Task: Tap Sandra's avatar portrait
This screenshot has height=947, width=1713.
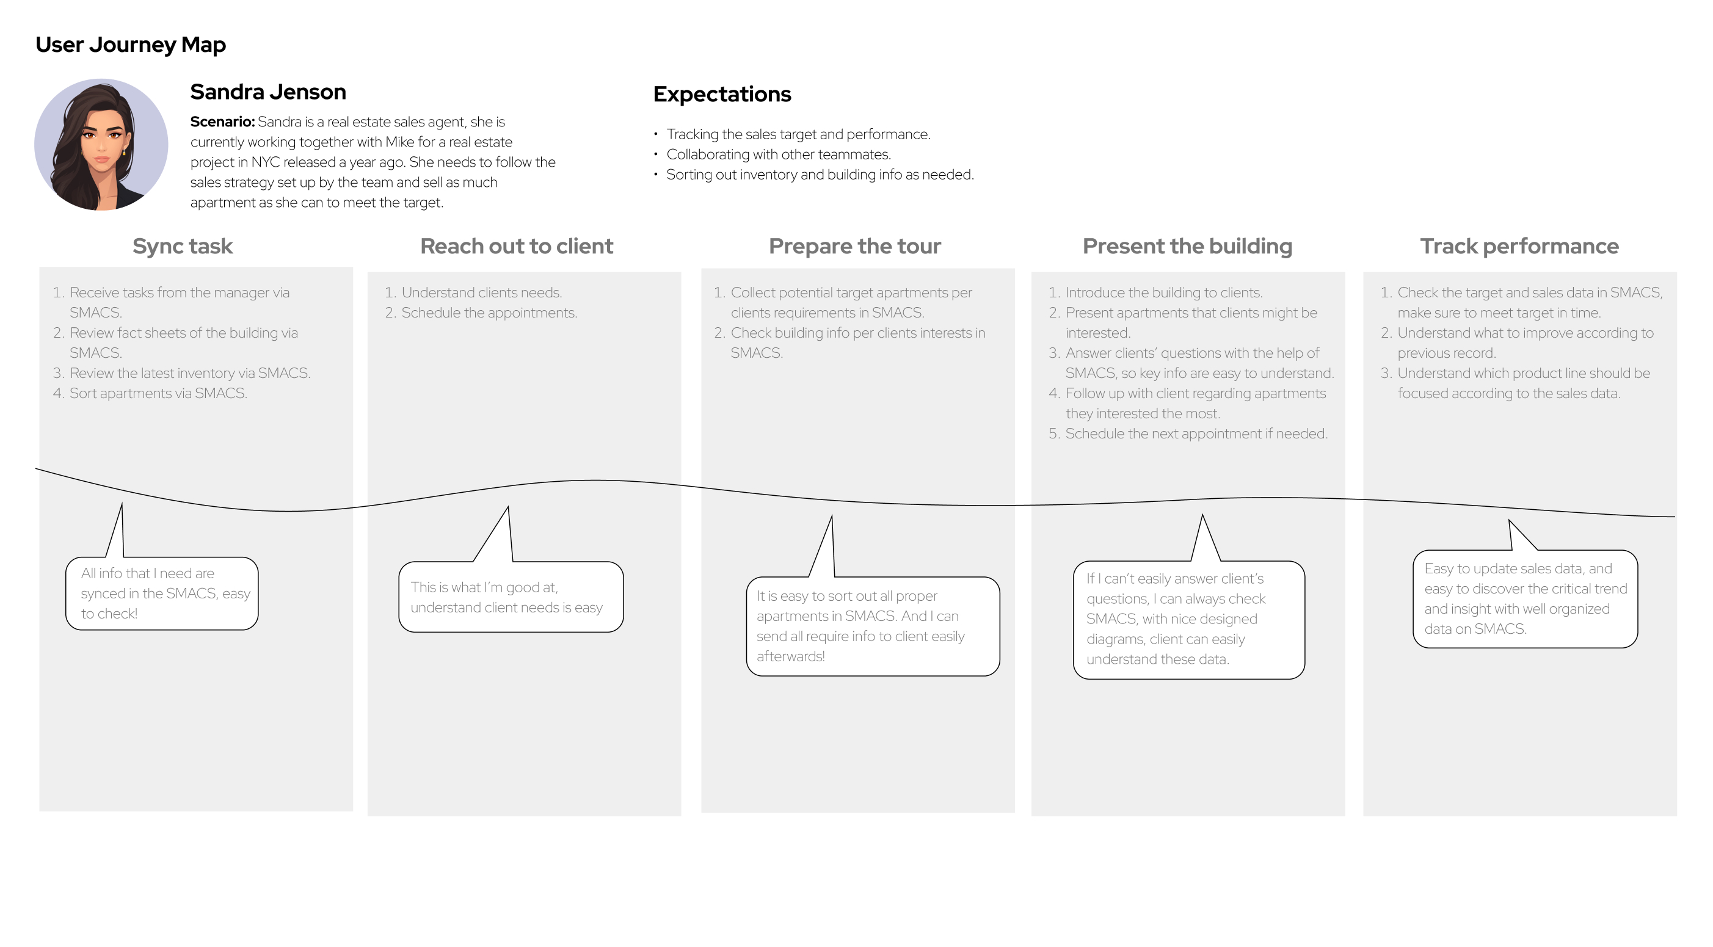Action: pyautogui.click(x=101, y=144)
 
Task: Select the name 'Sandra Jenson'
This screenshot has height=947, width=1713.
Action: pyautogui.click(x=268, y=92)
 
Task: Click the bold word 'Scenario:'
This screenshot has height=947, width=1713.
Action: pyautogui.click(x=222, y=122)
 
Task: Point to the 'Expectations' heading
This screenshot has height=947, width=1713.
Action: pyautogui.click(x=722, y=95)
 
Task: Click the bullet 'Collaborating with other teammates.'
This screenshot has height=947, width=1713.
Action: pyautogui.click(x=778, y=154)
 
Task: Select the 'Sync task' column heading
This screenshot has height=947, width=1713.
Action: pyautogui.click(x=182, y=247)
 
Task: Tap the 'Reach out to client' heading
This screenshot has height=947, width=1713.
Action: pyautogui.click(x=517, y=246)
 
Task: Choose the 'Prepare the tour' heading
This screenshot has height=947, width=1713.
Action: pyautogui.click(x=854, y=246)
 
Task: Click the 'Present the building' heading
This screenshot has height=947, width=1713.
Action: pyautogui.click(x=1187, y=246)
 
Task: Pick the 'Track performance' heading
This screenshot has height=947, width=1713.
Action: pyautogui.click(x=1519, y=247)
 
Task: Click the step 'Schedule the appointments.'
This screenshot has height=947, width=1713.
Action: pyautogui.click(x=489, y=313)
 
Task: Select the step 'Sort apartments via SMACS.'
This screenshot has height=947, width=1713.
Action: pyautogui.click(x=158, y=393)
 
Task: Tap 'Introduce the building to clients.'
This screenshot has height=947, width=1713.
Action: pyautogui.click(x=1164, y=292)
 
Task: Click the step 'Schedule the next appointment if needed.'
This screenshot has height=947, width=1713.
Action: pyautogui.click(x=1196, y=434)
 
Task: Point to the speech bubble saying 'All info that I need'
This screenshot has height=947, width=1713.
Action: pyautogui.click(x=162, y=593)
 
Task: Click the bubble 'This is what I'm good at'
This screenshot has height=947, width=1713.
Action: pyautogui.click(x=511, y=597)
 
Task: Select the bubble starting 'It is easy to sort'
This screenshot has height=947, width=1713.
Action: pyautogui.click(x=873, y=626)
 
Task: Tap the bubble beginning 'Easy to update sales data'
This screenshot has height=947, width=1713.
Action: pyautogui.click(x=1525, y=598)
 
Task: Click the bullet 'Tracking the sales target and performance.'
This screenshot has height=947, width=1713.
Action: pyautogui.click(x=798, y=134)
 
